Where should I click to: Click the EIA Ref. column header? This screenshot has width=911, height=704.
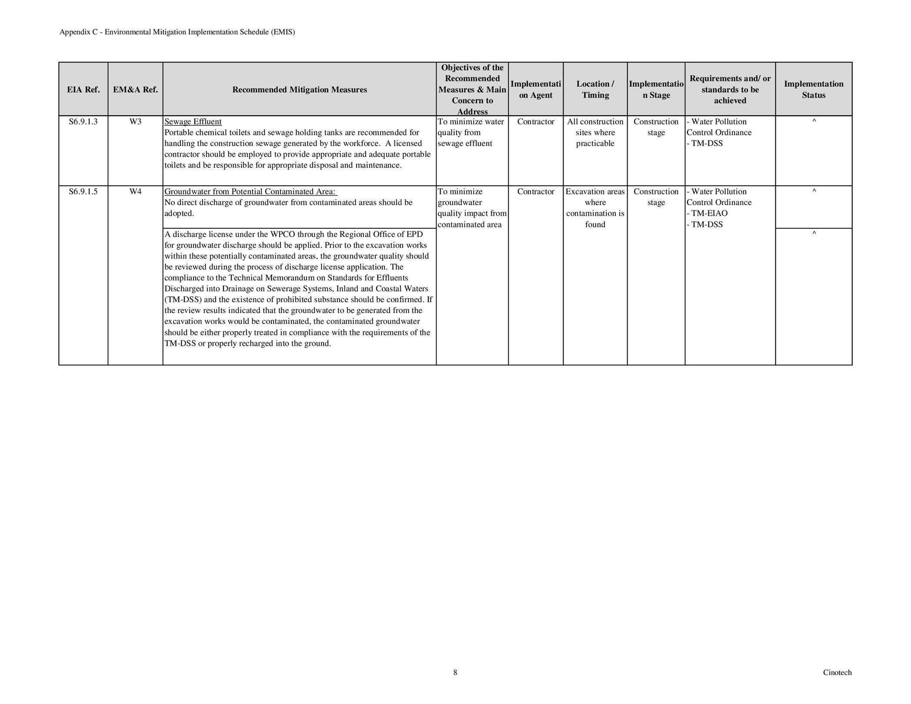(83, 90)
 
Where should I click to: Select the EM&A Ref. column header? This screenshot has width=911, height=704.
(135, 90)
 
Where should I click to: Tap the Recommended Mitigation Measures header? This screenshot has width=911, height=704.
(299, 90)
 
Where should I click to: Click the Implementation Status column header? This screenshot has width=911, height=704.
(813, 90)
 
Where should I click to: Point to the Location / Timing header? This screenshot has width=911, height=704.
(595, 90)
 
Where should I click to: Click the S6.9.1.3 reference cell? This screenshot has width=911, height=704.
(83, 122)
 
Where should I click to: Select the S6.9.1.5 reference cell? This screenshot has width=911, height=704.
(83, 192)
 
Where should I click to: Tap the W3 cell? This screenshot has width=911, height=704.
(135, 122)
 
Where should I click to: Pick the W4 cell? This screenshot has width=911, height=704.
(135, 192)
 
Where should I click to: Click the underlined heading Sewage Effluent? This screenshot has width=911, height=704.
(193, 122)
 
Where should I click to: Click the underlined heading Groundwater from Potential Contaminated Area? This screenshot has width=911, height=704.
(250, 192)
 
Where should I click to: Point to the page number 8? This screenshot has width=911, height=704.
(455, 673)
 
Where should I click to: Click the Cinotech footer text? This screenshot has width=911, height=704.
(837, 673)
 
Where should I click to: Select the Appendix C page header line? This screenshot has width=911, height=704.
(177, 32)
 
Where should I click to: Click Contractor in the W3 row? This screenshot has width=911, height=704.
(535, 122)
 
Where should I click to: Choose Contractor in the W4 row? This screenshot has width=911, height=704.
(535, 192)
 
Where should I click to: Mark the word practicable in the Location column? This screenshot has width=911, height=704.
(595, 143)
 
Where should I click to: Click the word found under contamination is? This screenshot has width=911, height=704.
(595, 224)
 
